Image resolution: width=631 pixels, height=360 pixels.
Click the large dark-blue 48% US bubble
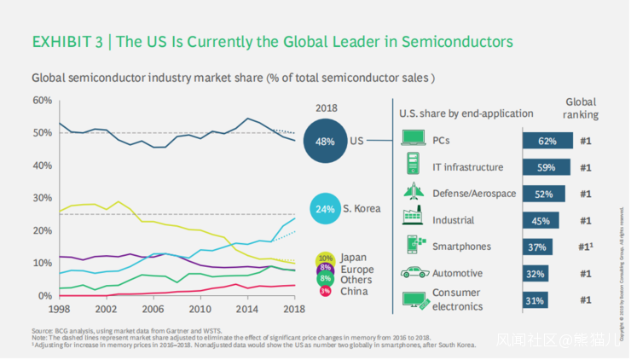325,141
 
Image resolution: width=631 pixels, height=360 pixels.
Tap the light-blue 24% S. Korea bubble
325,208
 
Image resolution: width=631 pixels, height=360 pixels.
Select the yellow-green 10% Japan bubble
325,258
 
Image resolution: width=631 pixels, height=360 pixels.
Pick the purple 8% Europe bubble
325,268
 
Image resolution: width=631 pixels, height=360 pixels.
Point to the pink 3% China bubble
325,291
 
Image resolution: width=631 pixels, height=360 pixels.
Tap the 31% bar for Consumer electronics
535,300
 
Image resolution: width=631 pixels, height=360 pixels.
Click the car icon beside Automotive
414,273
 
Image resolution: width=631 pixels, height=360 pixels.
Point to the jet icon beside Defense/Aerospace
414,193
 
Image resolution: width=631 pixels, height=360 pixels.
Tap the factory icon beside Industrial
414,219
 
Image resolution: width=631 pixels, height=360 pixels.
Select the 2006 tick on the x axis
152,308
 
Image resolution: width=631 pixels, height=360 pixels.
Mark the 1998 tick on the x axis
59,308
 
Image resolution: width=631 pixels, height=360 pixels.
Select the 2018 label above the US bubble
326,108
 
